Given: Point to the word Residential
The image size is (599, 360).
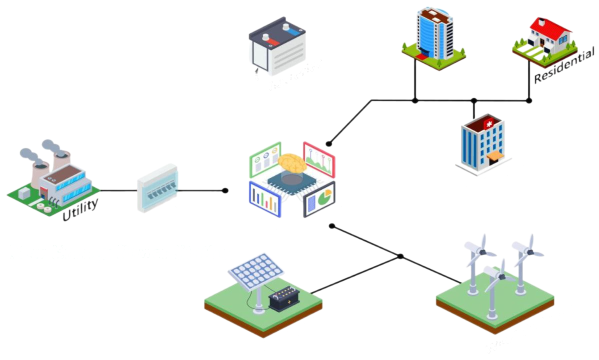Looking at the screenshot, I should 564,65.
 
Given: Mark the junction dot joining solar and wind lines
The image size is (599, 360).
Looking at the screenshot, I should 400,256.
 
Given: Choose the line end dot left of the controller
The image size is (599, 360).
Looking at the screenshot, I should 225,190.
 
